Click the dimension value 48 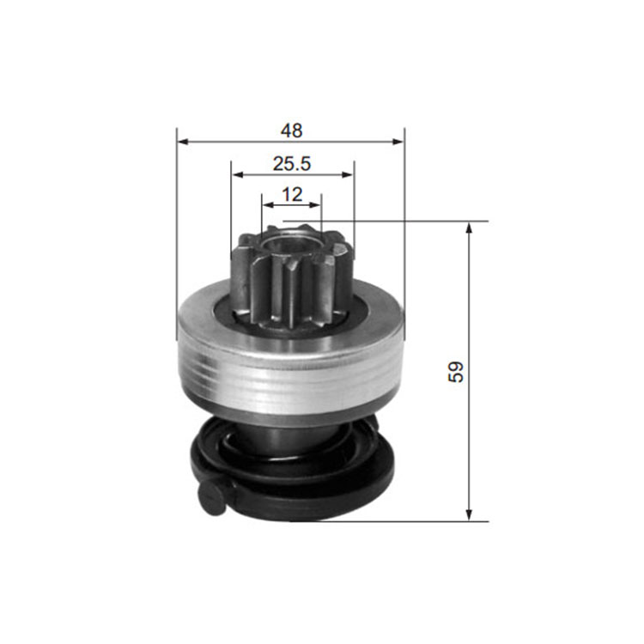291,131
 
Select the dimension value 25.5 292,164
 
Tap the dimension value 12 292,194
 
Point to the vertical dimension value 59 455,372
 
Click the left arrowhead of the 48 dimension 183,142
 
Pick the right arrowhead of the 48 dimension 398,142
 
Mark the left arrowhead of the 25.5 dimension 237,175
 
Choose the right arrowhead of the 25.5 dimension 348,175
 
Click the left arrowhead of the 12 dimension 268,204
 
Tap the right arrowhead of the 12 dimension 315,204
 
